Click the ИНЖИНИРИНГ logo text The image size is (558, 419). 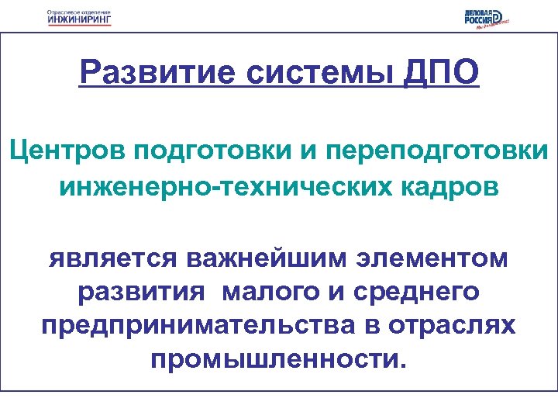tap(78, 21)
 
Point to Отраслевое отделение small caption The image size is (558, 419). tap(78, 12)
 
